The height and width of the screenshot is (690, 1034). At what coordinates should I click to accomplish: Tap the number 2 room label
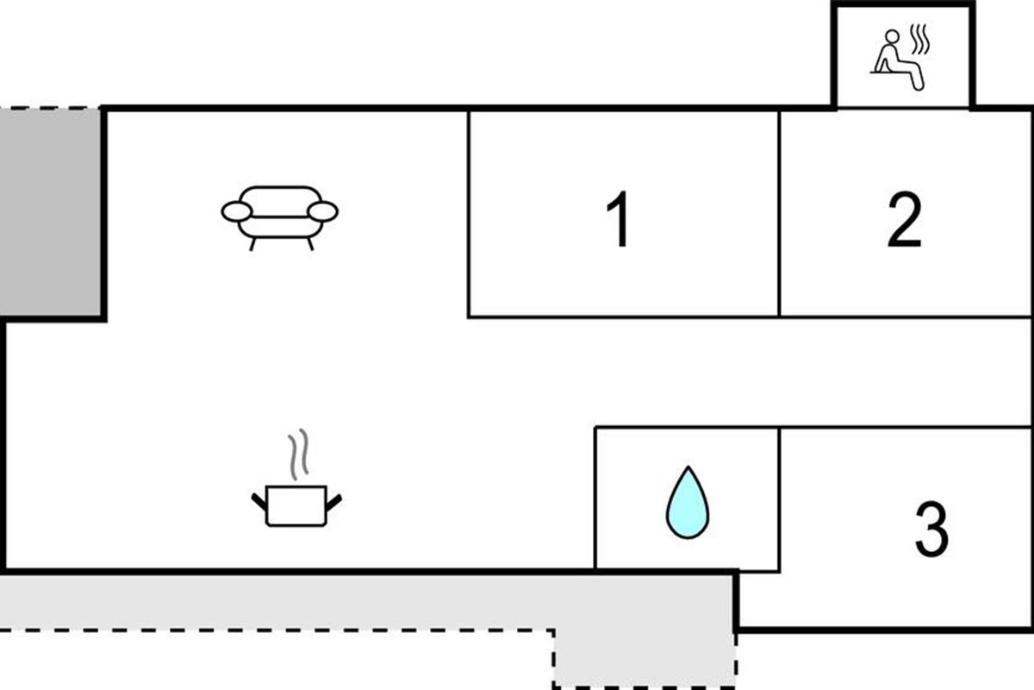coord(905,220)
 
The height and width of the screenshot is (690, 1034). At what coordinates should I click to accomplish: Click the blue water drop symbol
coord(688,502)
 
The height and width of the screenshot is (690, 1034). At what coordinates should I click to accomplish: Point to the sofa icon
coord(280,218)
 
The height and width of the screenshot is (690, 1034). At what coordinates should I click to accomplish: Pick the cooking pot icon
coord(296,505)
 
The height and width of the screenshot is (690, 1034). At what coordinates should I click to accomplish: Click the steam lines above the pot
coord(298,454)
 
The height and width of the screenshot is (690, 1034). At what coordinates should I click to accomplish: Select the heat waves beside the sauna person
coord(919,40)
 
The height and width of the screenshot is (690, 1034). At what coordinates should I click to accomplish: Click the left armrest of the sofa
coord(237,211)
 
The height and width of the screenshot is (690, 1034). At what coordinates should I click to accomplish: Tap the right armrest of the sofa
coord(322,211)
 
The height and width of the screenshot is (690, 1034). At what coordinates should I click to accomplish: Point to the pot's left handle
coord(259,502)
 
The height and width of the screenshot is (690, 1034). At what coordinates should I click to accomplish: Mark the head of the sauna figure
coord(892,36)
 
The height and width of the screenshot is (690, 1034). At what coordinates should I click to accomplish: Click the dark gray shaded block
coord(50,212)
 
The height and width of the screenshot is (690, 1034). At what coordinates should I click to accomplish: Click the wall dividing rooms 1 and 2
coord(779,214)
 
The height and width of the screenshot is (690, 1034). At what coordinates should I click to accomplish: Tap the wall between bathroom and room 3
coord(780,500)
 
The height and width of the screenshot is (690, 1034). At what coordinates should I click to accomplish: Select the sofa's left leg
coord(252,244)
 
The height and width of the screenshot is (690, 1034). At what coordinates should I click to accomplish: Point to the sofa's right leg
coord(310,244)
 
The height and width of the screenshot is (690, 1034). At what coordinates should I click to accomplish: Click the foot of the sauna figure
coord(919,86)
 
